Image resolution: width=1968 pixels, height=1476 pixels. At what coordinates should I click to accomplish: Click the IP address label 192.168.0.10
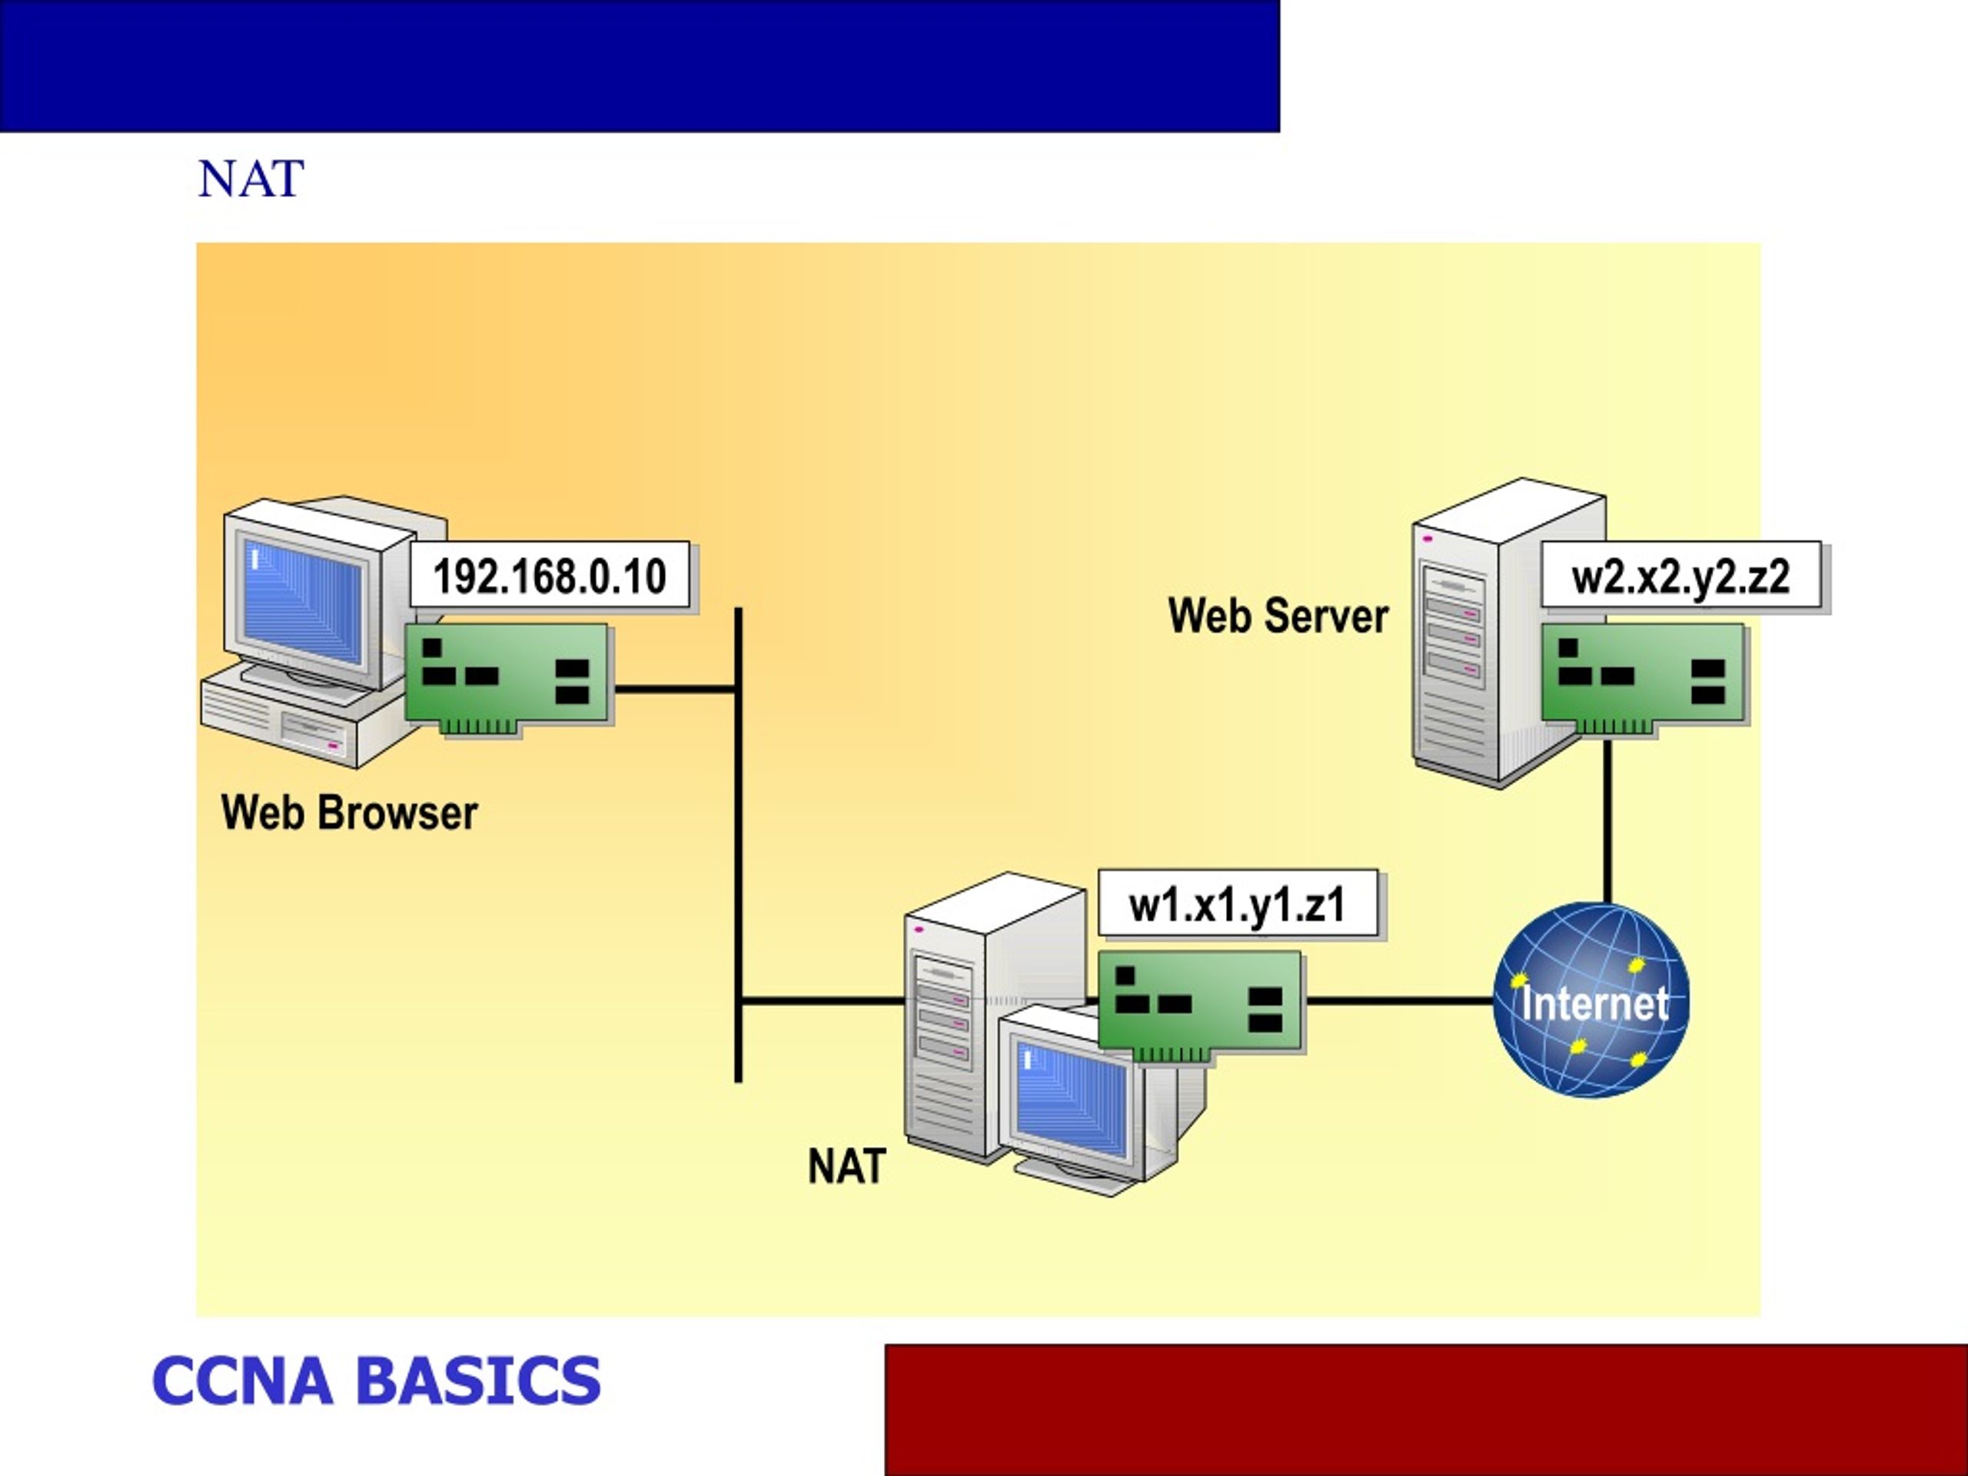549,575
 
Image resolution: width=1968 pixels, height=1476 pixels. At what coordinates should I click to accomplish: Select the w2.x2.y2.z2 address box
1680,575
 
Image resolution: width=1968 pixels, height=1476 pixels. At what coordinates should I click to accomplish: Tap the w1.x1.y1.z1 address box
1238,903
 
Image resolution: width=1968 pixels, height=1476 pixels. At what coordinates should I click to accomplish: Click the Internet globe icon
1591,1000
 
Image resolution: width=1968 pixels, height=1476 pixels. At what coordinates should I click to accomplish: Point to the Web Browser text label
349,813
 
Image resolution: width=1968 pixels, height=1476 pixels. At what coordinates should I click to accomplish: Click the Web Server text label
1278,616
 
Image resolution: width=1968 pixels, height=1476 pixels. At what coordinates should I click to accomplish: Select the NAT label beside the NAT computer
846,1165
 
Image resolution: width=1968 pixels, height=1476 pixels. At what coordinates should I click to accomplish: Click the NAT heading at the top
251,179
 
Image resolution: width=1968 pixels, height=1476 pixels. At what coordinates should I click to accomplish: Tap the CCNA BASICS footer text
377,1380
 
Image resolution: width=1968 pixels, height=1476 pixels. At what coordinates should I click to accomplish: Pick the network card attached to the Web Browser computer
509,678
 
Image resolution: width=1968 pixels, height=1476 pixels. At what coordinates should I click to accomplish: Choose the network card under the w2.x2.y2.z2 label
1644,678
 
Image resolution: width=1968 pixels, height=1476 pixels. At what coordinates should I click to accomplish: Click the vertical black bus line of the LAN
739,845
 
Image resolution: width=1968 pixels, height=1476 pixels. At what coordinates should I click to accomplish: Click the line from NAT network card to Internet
1399,1001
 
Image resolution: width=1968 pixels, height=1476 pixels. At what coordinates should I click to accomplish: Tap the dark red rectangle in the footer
1426,1409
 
